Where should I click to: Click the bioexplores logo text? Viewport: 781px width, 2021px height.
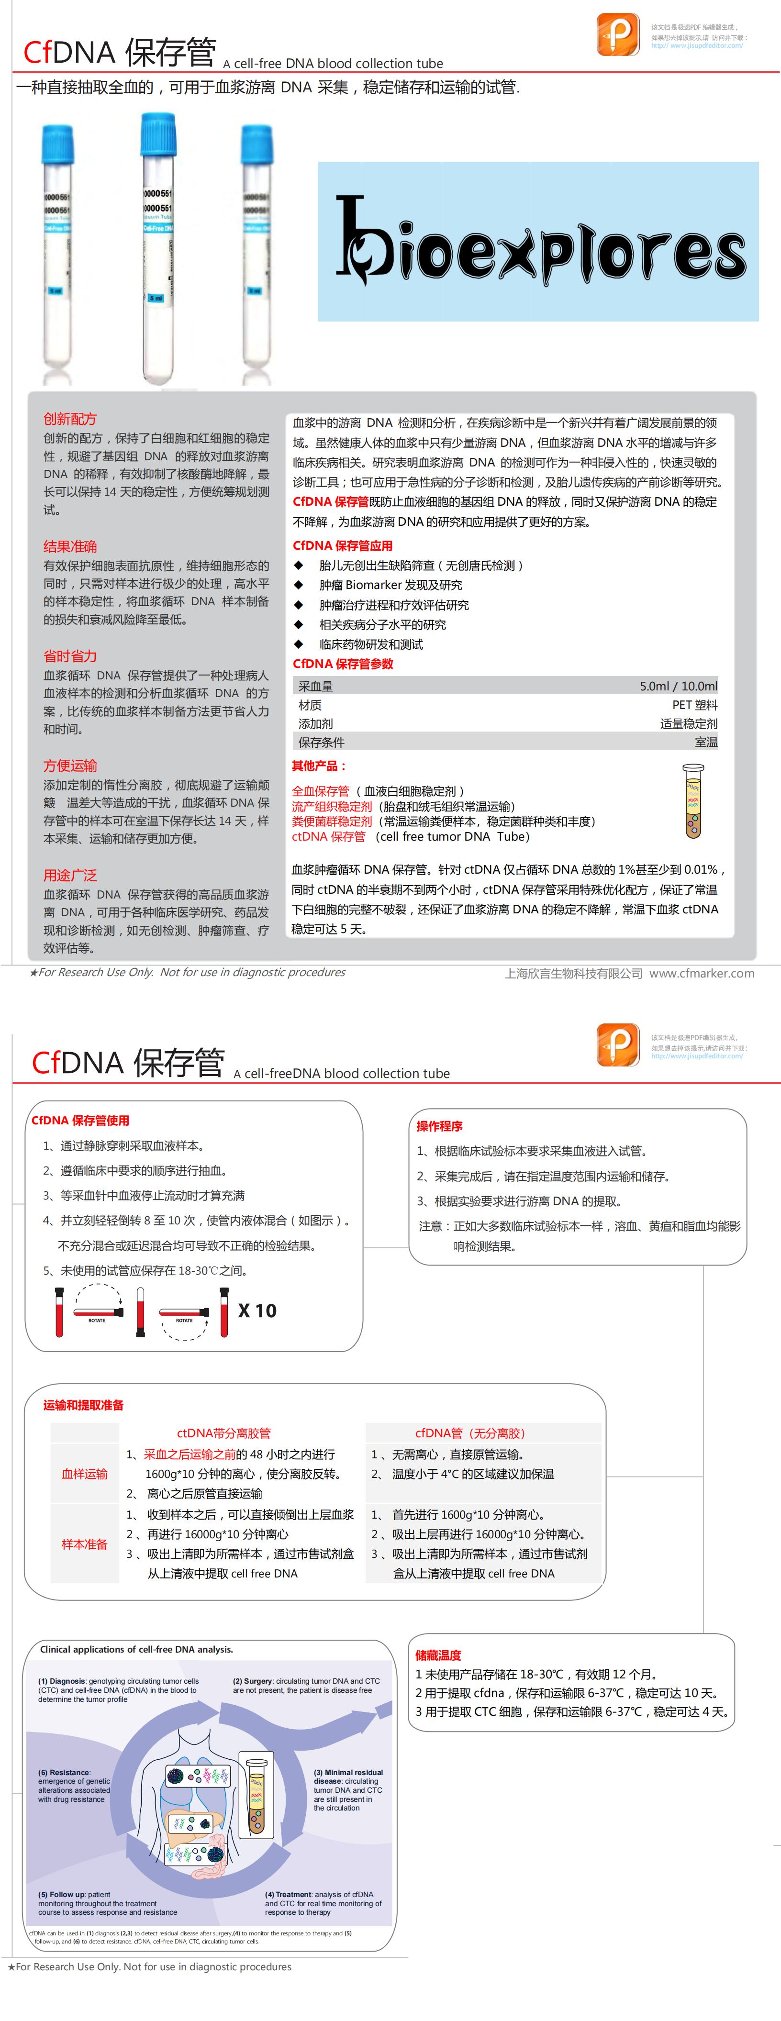(x=540, y=243)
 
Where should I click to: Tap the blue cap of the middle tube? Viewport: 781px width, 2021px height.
(x=158, y=134)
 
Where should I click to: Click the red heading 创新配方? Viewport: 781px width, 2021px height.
(x=70, y=419)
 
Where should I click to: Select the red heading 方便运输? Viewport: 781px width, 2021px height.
(x=70, y=766)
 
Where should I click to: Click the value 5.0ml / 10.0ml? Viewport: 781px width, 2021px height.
(x=678, y=686)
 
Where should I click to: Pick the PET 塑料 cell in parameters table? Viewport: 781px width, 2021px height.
(x=695, y=704)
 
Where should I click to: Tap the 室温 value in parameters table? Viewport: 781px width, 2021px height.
(x=706, y=742)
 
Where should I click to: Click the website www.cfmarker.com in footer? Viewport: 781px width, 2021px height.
(x=702, y=973)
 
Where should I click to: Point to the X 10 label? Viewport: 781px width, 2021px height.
(x=257, y=1310)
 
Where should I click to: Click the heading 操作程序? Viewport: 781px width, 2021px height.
(x=440, y=1126)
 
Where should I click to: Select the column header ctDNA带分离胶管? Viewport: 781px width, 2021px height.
(x=223, y=1432)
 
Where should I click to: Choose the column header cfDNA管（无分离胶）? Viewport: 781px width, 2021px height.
(x=470, y=1432)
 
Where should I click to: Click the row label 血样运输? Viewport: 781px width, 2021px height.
(x=85, y=1473)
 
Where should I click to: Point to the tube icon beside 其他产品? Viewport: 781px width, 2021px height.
(x=692, y=800)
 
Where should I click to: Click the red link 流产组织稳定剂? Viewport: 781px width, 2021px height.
(x=331, y=806)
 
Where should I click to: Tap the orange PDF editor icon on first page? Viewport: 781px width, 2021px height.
(x=618, y=34)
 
